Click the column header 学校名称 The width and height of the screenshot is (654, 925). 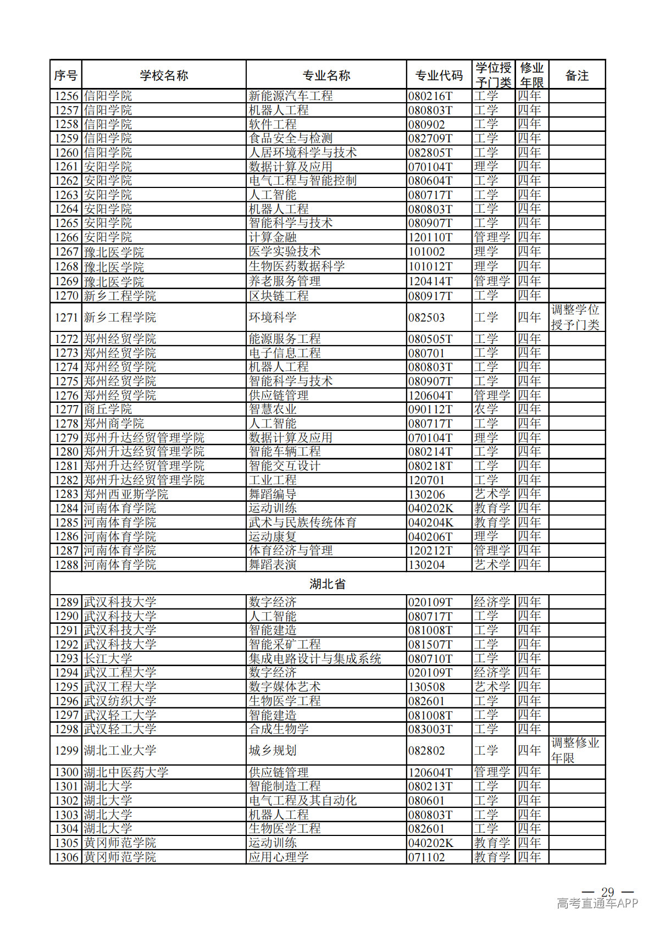tap(164, 75)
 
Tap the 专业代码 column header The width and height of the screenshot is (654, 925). tap(439, 75)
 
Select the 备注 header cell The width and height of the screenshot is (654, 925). tap(577, 75)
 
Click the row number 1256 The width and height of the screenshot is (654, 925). tap(66, 96)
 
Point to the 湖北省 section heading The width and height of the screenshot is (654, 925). tap(327, 584)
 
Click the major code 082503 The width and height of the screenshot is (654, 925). tap(426, 318)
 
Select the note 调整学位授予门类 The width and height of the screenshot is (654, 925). tap(575, 317)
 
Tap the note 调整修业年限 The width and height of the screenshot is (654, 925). tap(575, 750)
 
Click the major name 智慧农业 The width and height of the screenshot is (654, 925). tap(273, 409)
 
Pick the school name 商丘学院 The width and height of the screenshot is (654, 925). tap(108, 409)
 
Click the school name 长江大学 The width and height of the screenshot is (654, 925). tap(108, 658)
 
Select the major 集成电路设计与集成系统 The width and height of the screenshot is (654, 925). tap(315, 658)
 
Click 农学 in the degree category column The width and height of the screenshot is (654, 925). tap(486, 409)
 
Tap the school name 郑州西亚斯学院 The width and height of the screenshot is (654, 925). tap(126, 494)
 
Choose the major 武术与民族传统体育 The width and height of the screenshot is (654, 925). tap(303, 523)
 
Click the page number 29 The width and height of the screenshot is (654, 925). tap(607, 891)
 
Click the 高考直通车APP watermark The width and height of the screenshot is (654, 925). tap(597, 903)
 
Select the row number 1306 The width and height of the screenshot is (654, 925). tap(66, 857)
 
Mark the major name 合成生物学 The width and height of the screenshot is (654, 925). tap(279, 729)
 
